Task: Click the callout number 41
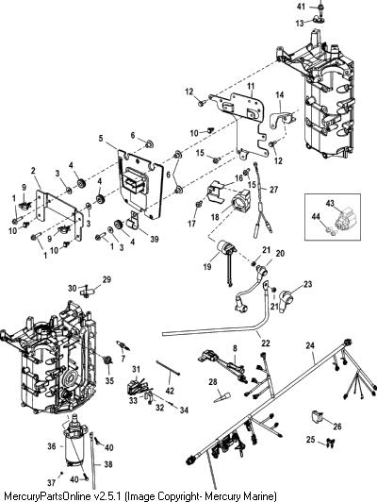coord(301,7)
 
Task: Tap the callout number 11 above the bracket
coord(251,86)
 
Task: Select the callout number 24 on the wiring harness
coord(310,345)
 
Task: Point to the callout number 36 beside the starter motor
coord(52,445)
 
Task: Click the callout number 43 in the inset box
coord(330,203)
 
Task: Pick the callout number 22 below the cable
coord(266,343)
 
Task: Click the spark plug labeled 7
coord(123,345)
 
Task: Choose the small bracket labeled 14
coord(281,118)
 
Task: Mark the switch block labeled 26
coord(318,415)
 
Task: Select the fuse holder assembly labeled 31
coord(137,387)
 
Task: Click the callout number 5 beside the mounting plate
coord(101,139)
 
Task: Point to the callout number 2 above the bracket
coord(33,171)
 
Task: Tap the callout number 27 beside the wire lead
coord(273,190)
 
